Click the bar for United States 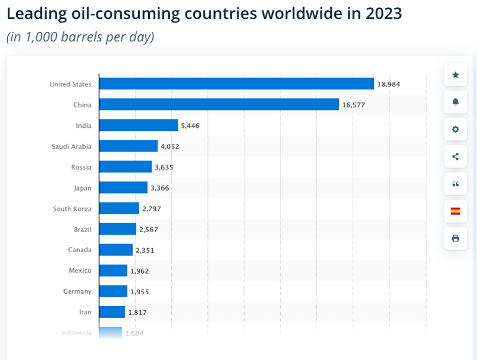click(236, 84)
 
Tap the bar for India click(138, 126)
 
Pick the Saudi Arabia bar click(128, 146)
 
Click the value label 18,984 click(389, 85)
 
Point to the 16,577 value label click(354, 105)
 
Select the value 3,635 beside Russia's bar click(164, 168)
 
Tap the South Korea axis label click(72, 208)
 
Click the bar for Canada click(116, 250)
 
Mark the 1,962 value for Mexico click(140, 271)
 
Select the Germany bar click(113, 291)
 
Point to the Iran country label click(85, 312)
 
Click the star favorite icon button click(455, 75)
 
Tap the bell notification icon click(455, 102)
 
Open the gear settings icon click(455, 129)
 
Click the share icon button click(455, 156)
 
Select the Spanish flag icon click(455, 211)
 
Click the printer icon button click(455, 238)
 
